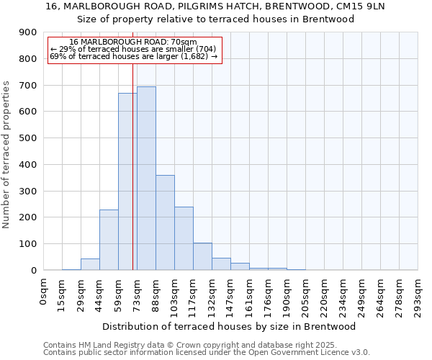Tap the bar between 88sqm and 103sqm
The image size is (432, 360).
pos(165,222)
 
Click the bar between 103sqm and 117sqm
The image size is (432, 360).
pos(184,238)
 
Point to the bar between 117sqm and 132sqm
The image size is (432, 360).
pos(202,256)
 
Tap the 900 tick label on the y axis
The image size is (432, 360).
pos(27,33)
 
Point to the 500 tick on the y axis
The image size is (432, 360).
pos(27,138)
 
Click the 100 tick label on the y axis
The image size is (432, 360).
pos(27,244)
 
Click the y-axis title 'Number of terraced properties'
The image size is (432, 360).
pos(7,154)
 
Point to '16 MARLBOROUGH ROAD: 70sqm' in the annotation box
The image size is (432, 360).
pos(133,42)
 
